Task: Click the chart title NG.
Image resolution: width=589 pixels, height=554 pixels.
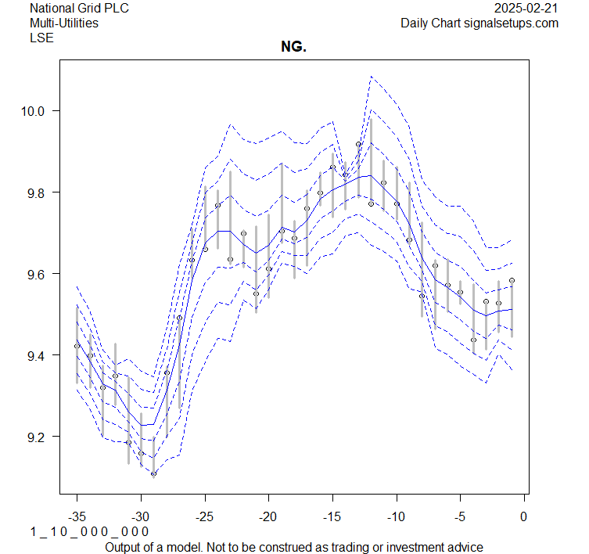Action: click(x=293, y=48)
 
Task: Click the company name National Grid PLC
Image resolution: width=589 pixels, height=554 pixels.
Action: click(x=79, y=9)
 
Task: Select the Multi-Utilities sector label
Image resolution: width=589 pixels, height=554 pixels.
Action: click(x=64, y=23)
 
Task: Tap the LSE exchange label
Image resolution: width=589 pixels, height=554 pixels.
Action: click(x=41, y=37)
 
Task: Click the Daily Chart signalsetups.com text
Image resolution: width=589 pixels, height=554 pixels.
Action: click(x=479, y=23)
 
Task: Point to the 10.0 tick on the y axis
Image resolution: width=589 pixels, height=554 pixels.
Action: click(x=34, y=111)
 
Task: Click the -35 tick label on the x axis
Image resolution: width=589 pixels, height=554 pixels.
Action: click(x=77, y=517)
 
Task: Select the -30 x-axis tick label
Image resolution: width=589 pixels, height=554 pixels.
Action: click(x=141, y=517)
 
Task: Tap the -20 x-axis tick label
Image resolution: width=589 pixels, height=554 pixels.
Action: click(x=268, y=517)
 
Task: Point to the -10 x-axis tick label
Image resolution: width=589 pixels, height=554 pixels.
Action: click(x=396, y=517)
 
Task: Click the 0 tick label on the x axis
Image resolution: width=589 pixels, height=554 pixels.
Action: click(x=523, y=517)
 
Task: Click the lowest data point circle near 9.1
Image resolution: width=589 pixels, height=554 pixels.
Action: click(x=153, y=473)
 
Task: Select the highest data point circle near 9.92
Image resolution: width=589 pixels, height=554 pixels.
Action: click(x=358, y=144)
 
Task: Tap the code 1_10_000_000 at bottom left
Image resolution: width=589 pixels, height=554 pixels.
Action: click(x=89, y=532)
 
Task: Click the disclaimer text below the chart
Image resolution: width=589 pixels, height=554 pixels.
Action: click(x=293, y=547)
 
